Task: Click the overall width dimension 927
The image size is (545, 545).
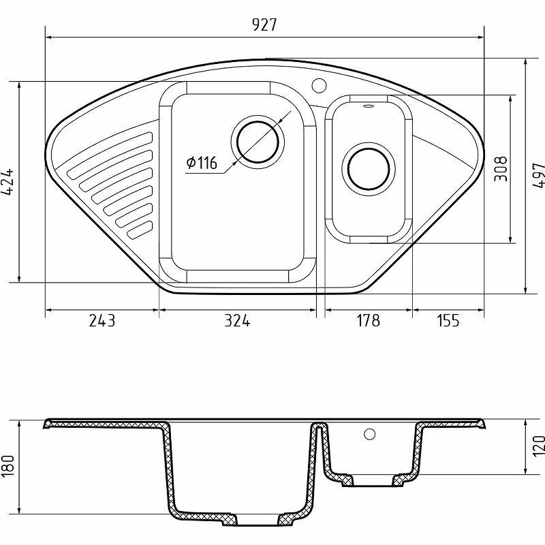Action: point(264,25)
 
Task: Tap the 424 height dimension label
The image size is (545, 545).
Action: point(7,182)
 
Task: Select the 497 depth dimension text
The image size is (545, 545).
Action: point(538,175)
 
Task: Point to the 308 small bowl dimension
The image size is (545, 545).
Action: point(501,169)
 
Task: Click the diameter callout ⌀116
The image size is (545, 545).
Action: point(202,163)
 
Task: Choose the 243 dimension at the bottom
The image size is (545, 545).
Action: point(102,320)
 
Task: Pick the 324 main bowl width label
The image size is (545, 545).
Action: point(237,320)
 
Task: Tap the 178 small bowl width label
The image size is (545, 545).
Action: point(369,320)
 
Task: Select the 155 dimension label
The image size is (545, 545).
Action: point(448,320)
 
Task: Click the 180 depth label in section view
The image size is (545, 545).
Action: point(7,466)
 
